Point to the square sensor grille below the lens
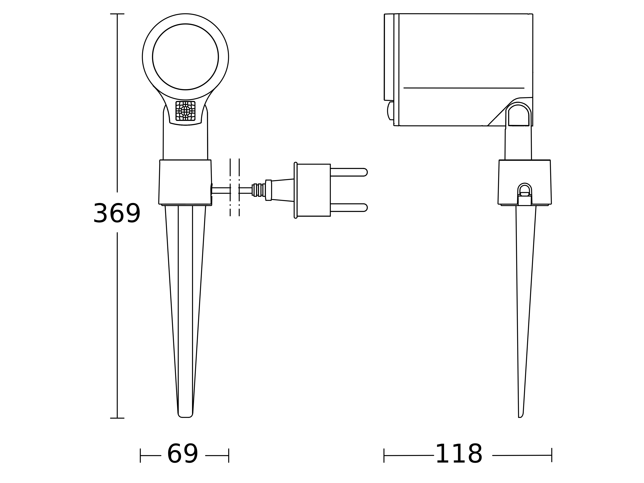(185, 111)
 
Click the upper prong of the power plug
(349, 172)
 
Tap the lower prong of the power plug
(349, 208)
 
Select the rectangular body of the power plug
(314, 190)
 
